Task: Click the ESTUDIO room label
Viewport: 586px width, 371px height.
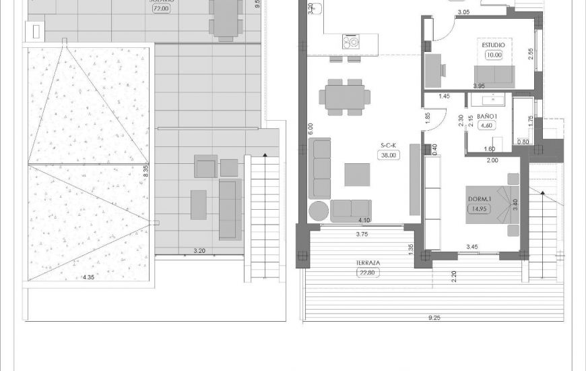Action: (494, 45)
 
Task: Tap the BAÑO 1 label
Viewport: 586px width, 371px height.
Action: (487, 117)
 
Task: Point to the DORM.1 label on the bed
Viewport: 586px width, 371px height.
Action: (480, 199)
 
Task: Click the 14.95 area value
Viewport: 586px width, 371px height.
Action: (480, 208)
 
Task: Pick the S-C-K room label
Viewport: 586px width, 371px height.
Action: (389, 145)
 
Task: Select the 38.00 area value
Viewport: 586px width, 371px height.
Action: (389, 154)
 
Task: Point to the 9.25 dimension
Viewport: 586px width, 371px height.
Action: (434, 317)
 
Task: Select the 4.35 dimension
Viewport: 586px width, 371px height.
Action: (88, 277)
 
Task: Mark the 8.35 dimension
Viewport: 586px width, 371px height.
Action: (145, 171)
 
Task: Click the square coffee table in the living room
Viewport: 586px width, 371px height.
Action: (357, 174)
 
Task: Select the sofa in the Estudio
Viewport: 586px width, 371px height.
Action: (495, 74)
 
